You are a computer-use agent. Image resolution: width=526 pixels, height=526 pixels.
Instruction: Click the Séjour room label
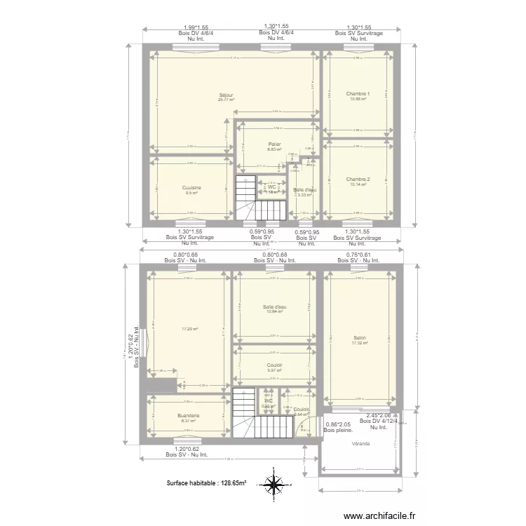[226, 95]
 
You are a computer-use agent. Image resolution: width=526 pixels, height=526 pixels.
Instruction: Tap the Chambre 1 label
[358, 93]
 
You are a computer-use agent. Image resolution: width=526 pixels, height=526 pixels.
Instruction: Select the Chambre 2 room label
[358, 180]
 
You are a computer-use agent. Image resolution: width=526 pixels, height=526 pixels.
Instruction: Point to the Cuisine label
[191, 187]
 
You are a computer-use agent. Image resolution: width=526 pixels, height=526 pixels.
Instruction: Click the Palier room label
[274, 144]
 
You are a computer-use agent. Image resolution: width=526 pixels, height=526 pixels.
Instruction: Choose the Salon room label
[360, 338]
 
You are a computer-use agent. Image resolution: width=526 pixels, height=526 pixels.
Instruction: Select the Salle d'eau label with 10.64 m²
[274, 307]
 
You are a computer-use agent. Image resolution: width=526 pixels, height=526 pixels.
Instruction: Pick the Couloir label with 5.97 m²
[274, 365]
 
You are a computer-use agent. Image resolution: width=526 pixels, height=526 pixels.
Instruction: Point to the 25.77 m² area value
[226, 100]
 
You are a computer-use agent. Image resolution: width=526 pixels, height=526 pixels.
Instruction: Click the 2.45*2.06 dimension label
[378, 415]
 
